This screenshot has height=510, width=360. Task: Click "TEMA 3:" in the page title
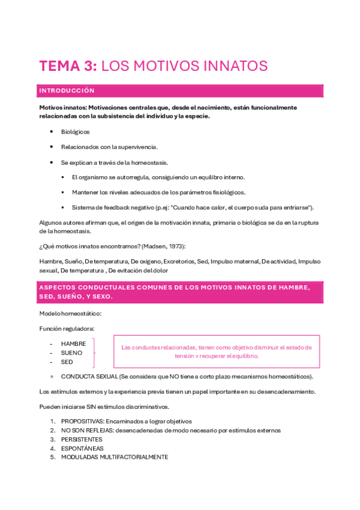67,66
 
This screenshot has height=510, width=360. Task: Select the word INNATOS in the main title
236,66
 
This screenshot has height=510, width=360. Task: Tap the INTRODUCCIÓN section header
67,91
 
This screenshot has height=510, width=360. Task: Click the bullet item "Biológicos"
75,131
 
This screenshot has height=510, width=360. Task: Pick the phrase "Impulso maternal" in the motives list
234,262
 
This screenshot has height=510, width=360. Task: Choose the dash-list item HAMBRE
73,343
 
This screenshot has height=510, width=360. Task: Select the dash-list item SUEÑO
72,353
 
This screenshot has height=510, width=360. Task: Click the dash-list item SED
67,362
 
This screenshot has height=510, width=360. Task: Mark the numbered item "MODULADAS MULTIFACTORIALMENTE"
114,457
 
